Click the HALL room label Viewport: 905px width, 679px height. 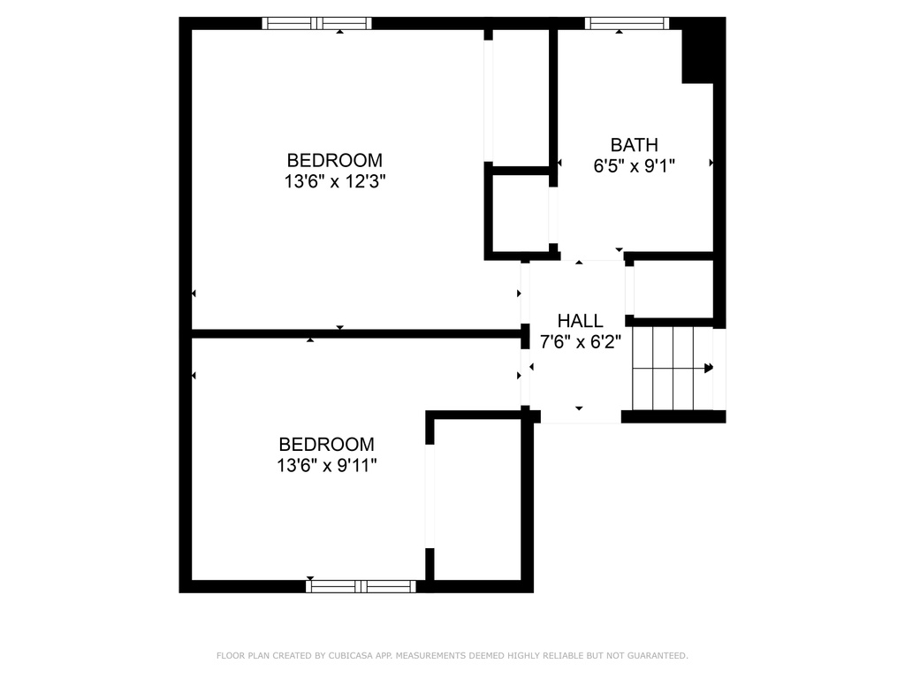click(580, 320)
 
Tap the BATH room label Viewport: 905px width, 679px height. click(635, 144)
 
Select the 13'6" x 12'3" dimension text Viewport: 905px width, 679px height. click(335, 181)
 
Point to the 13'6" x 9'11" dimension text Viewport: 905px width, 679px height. click(327, 465)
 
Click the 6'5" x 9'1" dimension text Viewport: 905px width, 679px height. click(635, 166)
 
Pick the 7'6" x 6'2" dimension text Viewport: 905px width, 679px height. click(580, 342)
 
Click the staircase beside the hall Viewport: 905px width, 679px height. click(673, 369)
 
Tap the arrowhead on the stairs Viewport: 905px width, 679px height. click(709, 368)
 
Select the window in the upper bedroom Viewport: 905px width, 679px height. click(317, 23)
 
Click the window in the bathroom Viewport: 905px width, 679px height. click(627, 23)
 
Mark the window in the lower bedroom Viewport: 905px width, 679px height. click(361, 587)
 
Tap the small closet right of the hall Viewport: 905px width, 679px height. click(673, 289)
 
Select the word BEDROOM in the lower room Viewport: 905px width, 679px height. click(327, 444)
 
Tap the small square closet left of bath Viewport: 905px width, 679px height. click(521, 213)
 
